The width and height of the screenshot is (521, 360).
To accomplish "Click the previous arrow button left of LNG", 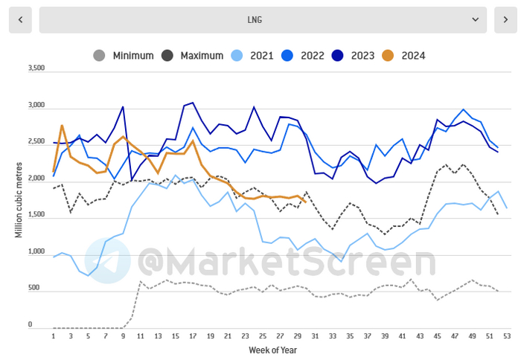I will pos(20,20).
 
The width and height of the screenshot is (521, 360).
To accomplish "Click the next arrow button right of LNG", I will pos(505,20).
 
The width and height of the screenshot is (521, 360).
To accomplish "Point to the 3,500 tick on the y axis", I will pos(36,68).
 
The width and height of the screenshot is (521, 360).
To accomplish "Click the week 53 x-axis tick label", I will pos(507,336).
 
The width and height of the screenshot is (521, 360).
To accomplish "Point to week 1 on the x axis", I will pos(54,336).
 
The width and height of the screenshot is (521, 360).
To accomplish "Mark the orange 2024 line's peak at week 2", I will pos(62,126).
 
